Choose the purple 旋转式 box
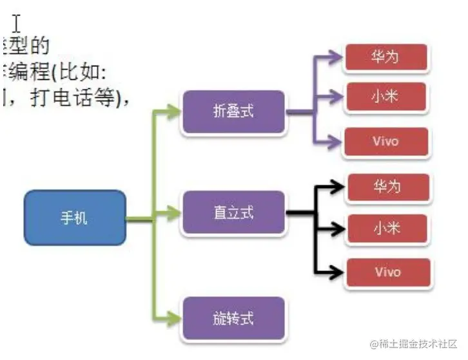pos(233,317)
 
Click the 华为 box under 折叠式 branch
pos(385,57)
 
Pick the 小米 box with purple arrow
pos(385,96)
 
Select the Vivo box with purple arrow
pos(386,142)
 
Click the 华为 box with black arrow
pos(387,187)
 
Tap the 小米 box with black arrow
pos(387,227)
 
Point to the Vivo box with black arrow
pos(387,271)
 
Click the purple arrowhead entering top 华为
pos(336,57)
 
